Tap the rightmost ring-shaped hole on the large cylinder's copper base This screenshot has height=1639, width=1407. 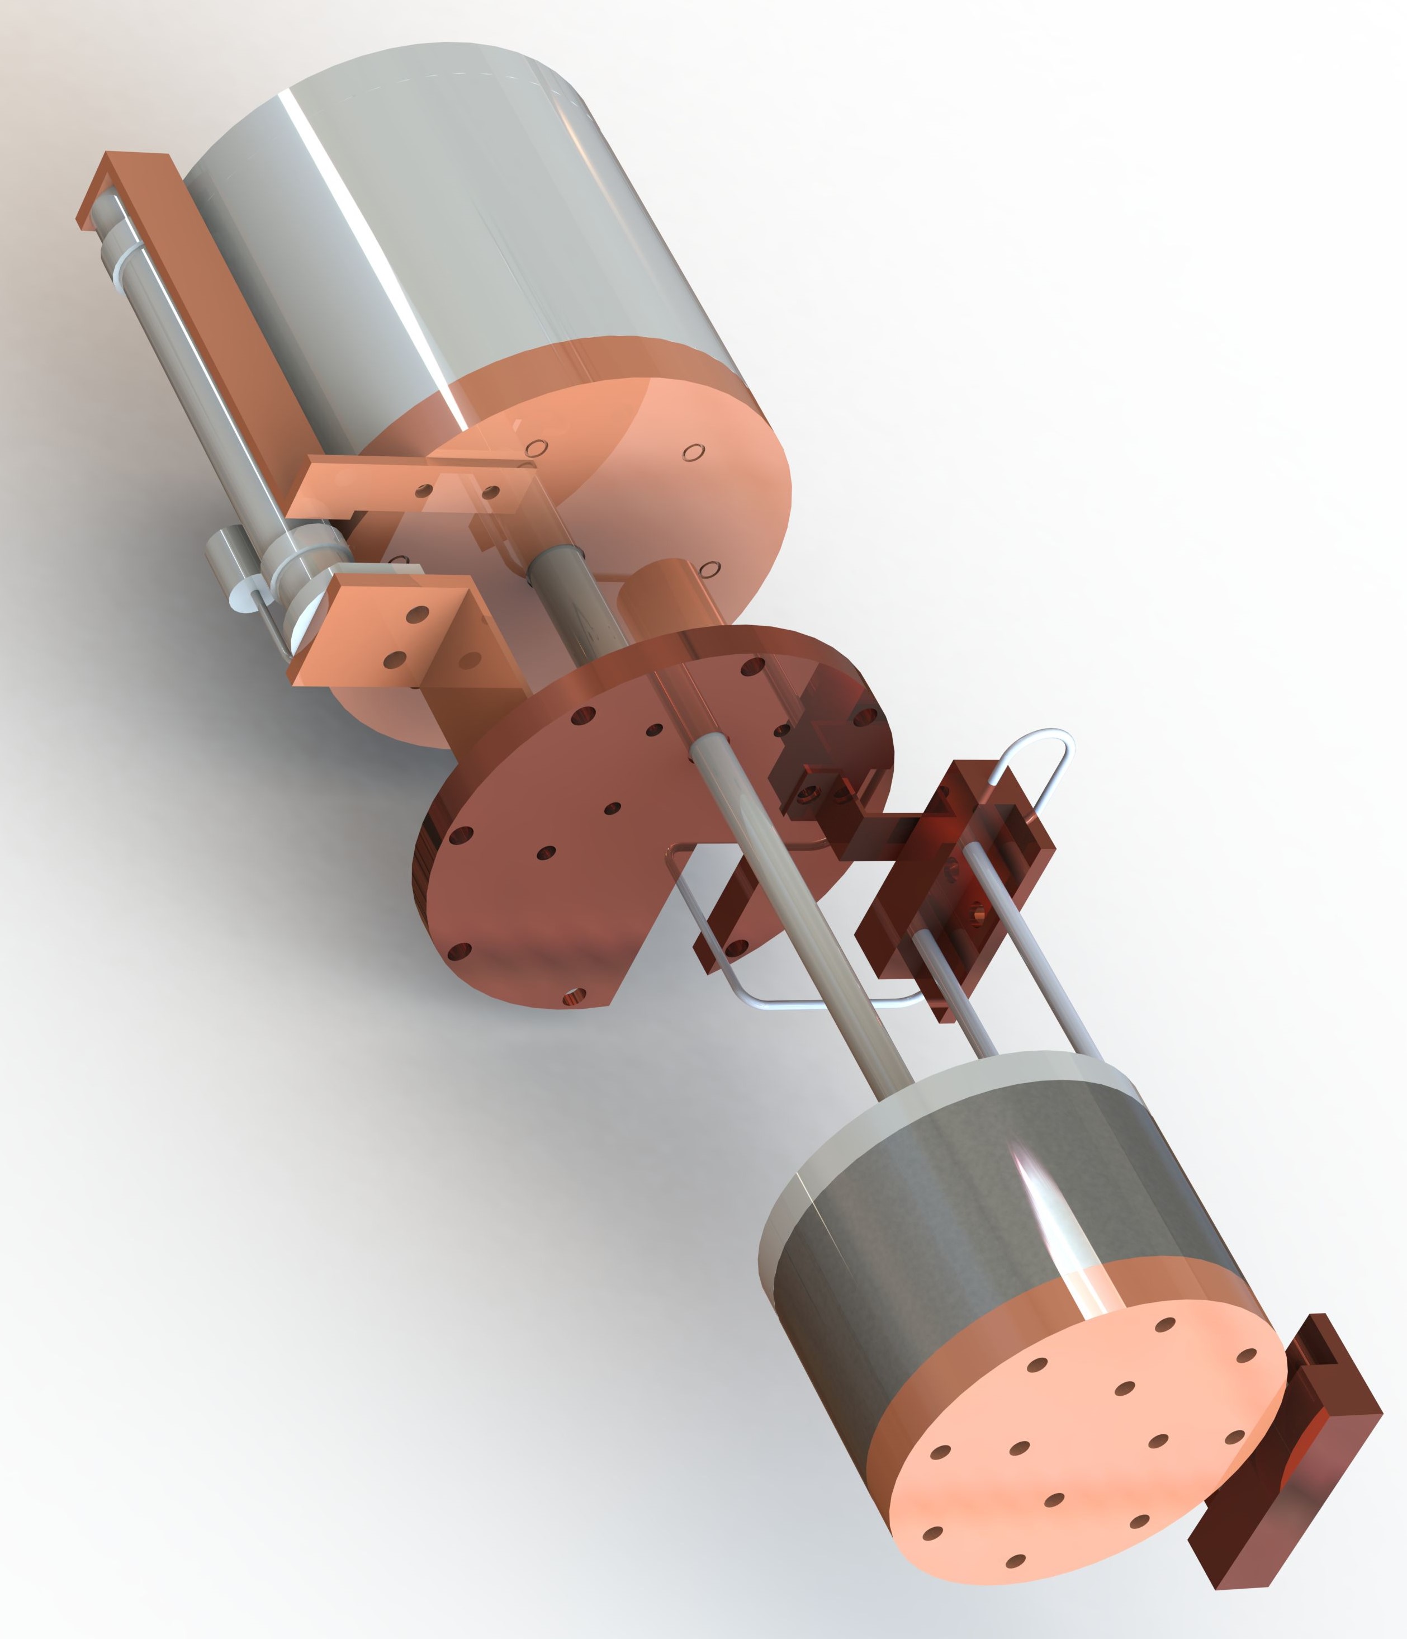click(x=693, y=452)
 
